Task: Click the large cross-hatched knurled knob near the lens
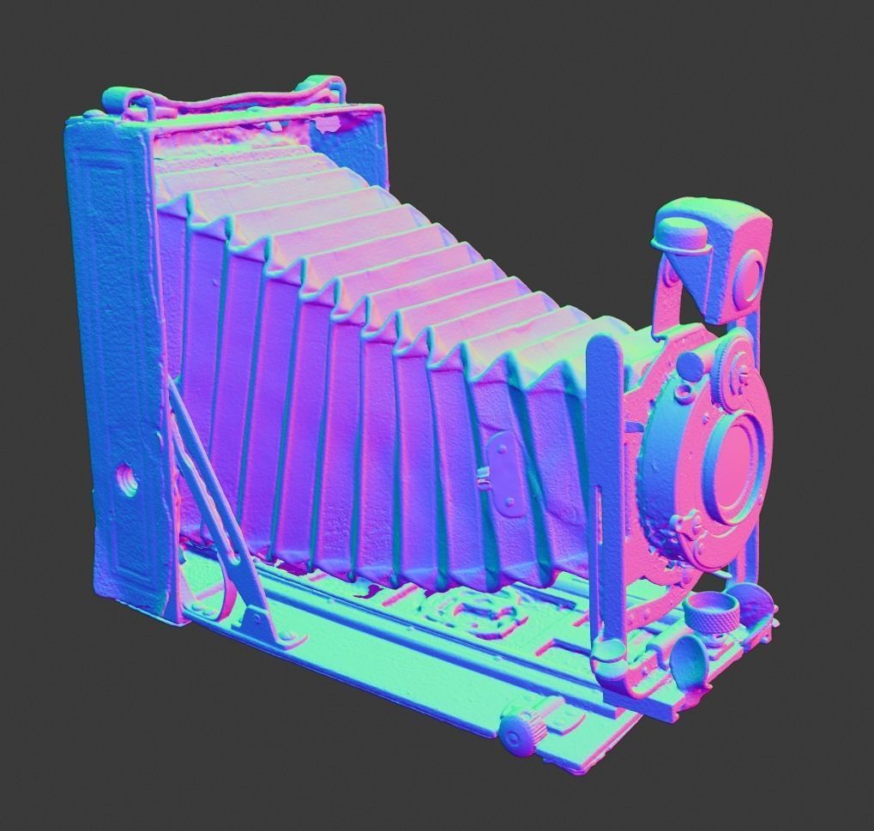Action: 711,612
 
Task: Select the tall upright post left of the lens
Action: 604,480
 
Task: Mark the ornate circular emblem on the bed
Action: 474,612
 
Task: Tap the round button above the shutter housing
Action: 691,364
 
